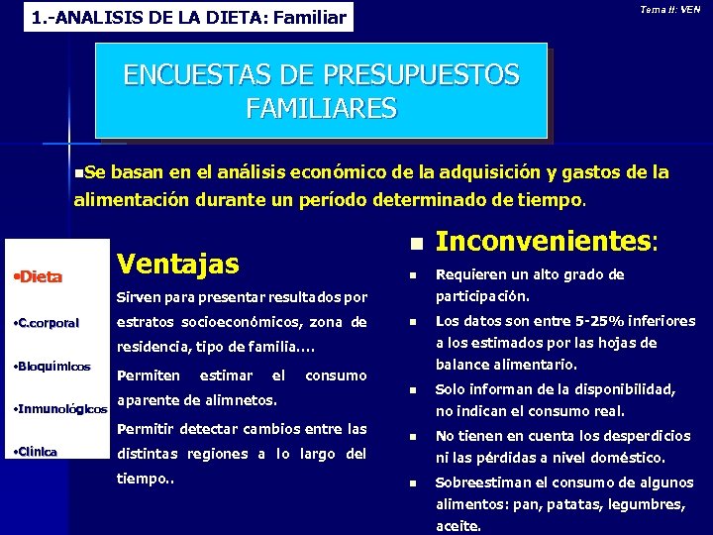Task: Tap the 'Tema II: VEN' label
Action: coord(670,10)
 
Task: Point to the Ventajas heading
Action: coord(177,264)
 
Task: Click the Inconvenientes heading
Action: coord(547,241)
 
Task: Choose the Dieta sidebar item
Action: coord(40,276)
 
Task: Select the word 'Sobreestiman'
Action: coord(486,482)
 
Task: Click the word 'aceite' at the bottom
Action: coord(458,526)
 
